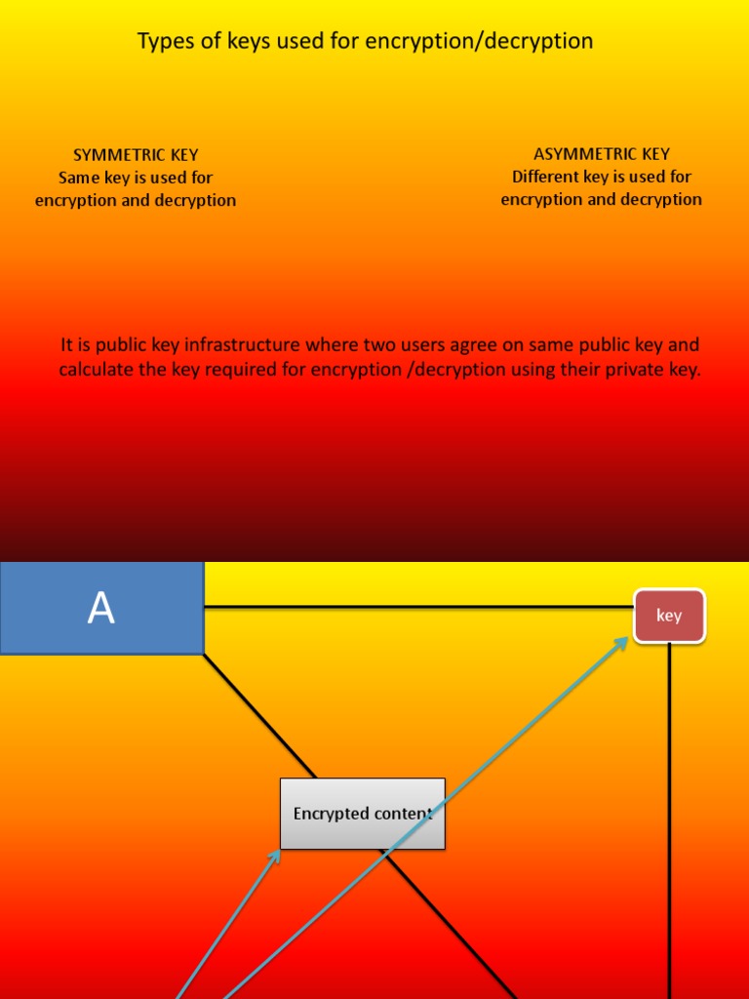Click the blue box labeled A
(101, 608)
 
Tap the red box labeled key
(669, 616)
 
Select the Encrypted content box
(362, 814)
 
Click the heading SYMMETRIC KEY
(136, 155)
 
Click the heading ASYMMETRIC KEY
(602, 154)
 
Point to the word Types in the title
(162, 41)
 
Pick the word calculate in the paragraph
(94, 370)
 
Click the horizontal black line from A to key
(419, 607)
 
